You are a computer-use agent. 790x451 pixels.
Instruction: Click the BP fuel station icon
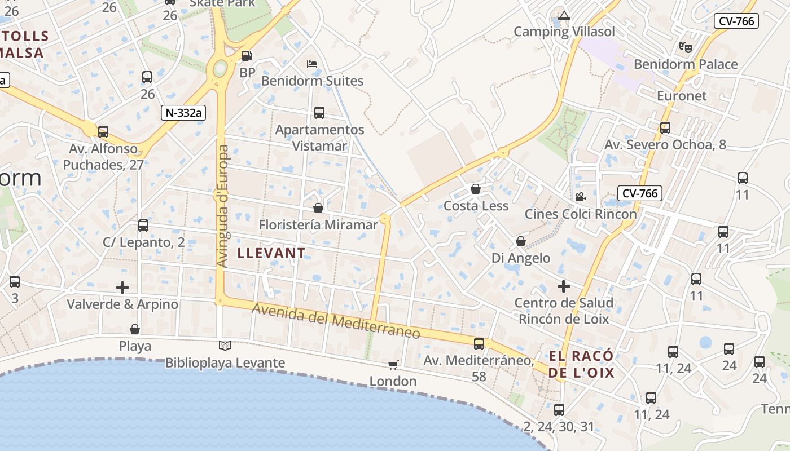(x=247, y=56)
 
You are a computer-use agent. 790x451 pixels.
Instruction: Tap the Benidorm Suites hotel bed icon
(x=312, y=64)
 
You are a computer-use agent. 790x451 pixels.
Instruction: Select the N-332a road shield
(x=182, y=113)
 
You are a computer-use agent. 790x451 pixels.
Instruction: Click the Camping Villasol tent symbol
(x=564, y=15)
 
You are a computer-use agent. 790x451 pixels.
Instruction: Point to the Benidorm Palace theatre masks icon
(x=686, y=47)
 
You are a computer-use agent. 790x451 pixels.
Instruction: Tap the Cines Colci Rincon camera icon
(x=580, y=197)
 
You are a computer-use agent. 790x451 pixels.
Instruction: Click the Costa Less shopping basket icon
(x=476, y=189)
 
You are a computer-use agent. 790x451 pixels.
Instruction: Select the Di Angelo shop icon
(x=520, y=241)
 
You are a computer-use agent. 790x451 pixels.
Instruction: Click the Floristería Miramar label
(x=318, y=225)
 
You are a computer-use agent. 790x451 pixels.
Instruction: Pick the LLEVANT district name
(x=271, y=253)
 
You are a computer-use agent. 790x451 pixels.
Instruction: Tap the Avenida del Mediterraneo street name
(x=336, y=321)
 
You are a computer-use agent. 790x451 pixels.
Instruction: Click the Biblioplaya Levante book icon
(x=225, y=346)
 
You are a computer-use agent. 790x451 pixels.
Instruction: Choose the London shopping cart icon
(x=393, y=365)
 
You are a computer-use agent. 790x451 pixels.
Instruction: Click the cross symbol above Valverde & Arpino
(x=122, y=288)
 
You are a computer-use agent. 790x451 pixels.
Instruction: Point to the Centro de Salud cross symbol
(x=564, y=286)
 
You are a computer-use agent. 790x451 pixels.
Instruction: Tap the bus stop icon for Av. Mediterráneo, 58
(x=479, y=343)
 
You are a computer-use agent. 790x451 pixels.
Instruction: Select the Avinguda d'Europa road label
(x=223, y=206)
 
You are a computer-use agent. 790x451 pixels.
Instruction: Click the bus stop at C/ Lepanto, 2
(x=143, y=225)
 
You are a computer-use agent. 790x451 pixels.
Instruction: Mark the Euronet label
(x=682, y=96)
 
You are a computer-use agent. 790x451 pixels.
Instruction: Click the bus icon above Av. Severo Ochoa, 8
(x=665, y=128)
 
